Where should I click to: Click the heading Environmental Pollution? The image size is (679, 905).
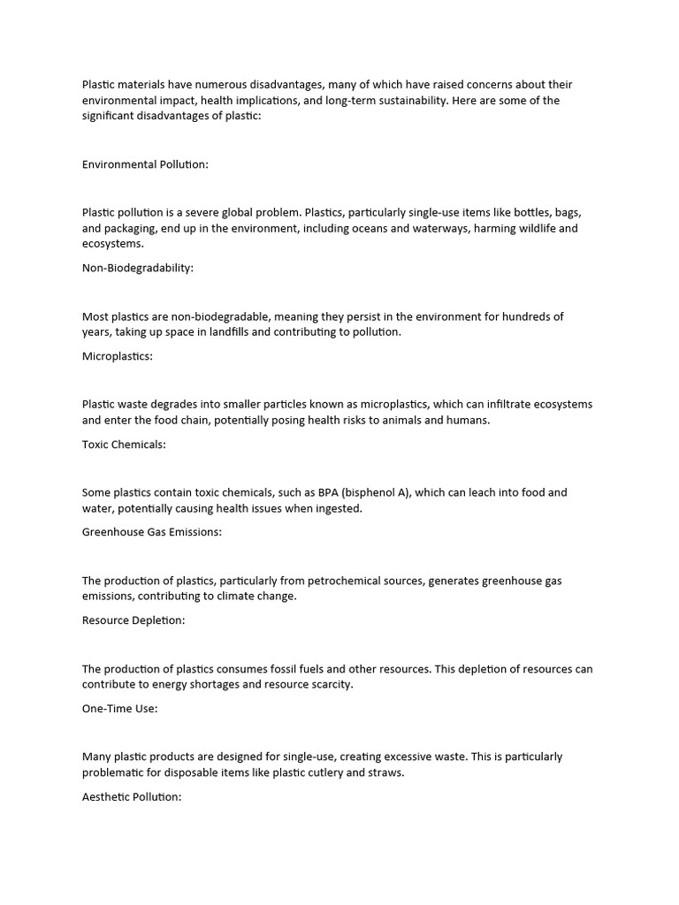[145, 164]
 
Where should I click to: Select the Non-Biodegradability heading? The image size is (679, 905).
[137, 268]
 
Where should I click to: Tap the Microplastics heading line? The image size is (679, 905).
[118, 356]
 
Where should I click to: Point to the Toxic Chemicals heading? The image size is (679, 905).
[124, 445]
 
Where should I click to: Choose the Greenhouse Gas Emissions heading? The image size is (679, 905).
[152, 532]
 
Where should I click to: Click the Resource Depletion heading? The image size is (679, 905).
[134, 620]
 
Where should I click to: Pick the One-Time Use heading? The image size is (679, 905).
[120, 709]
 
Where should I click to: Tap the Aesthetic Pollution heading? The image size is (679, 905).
[132, 797]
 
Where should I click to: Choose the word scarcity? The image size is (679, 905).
[328, 684]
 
